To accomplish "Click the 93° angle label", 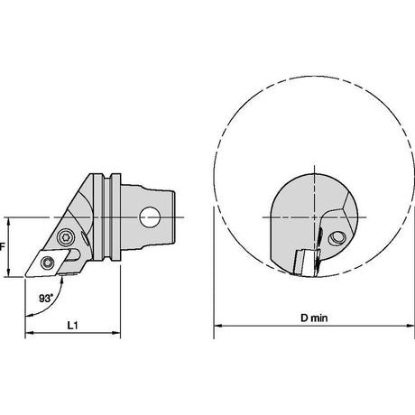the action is pos(46,299).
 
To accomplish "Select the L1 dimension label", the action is pos(72,325).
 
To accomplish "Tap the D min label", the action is pos(314,318).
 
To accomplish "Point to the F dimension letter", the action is pos(3,247).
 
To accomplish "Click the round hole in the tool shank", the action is pos(150,217).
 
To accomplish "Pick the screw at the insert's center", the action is pos(47,263).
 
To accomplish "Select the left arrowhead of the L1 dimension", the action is pos(29,333).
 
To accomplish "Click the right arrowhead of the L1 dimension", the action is pos(116,333).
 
